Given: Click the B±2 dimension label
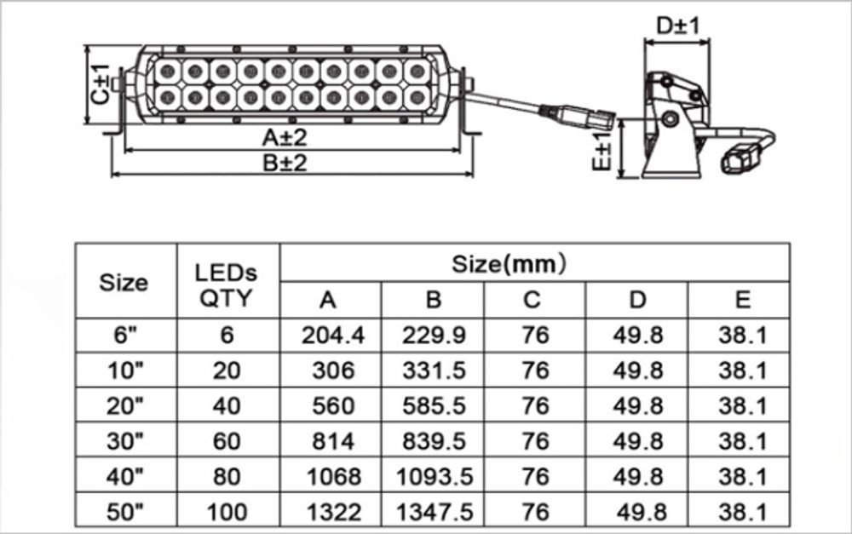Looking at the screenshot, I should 284,164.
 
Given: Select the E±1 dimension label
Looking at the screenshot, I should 602,150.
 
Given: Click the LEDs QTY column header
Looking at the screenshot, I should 227,284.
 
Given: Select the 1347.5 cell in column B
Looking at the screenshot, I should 435,512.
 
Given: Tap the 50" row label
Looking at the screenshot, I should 126,512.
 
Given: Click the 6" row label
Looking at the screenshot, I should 126,335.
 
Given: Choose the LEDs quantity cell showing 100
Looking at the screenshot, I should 227,512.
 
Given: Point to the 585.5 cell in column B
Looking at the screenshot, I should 435,405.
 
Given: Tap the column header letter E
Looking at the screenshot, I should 742,299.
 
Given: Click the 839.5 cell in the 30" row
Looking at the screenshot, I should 435,441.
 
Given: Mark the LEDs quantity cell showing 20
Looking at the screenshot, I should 227,370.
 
